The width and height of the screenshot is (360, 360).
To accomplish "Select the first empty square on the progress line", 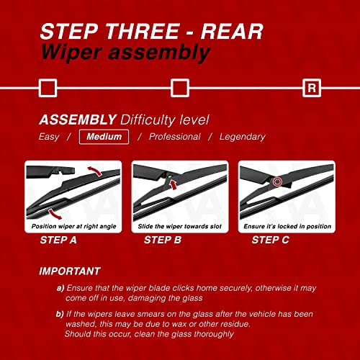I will (47, 88).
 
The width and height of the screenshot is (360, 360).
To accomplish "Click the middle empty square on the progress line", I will (179, 88).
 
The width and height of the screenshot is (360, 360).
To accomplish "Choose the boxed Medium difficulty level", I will (104, 137).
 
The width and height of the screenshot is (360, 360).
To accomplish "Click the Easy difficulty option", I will (48, 137).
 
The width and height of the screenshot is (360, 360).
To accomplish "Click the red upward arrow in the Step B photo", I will (173, 186).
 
